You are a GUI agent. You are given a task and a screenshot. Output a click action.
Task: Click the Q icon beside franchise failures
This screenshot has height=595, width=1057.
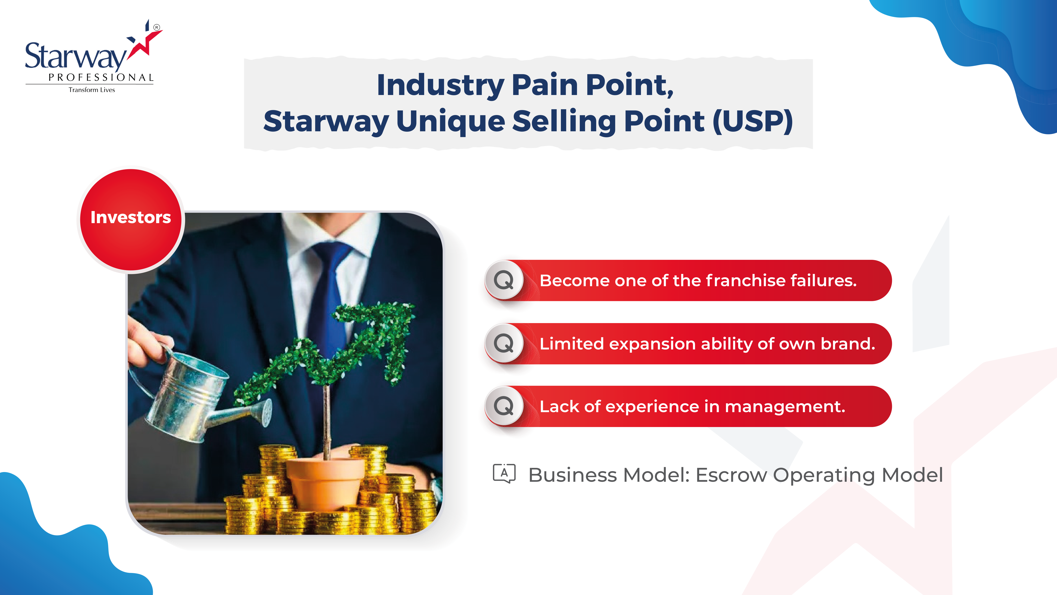point(504,280)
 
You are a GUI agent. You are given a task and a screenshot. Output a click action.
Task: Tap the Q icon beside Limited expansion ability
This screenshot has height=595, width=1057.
point(504,343)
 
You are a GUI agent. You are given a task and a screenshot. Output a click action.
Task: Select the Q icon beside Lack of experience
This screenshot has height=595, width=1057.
point(504,406)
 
